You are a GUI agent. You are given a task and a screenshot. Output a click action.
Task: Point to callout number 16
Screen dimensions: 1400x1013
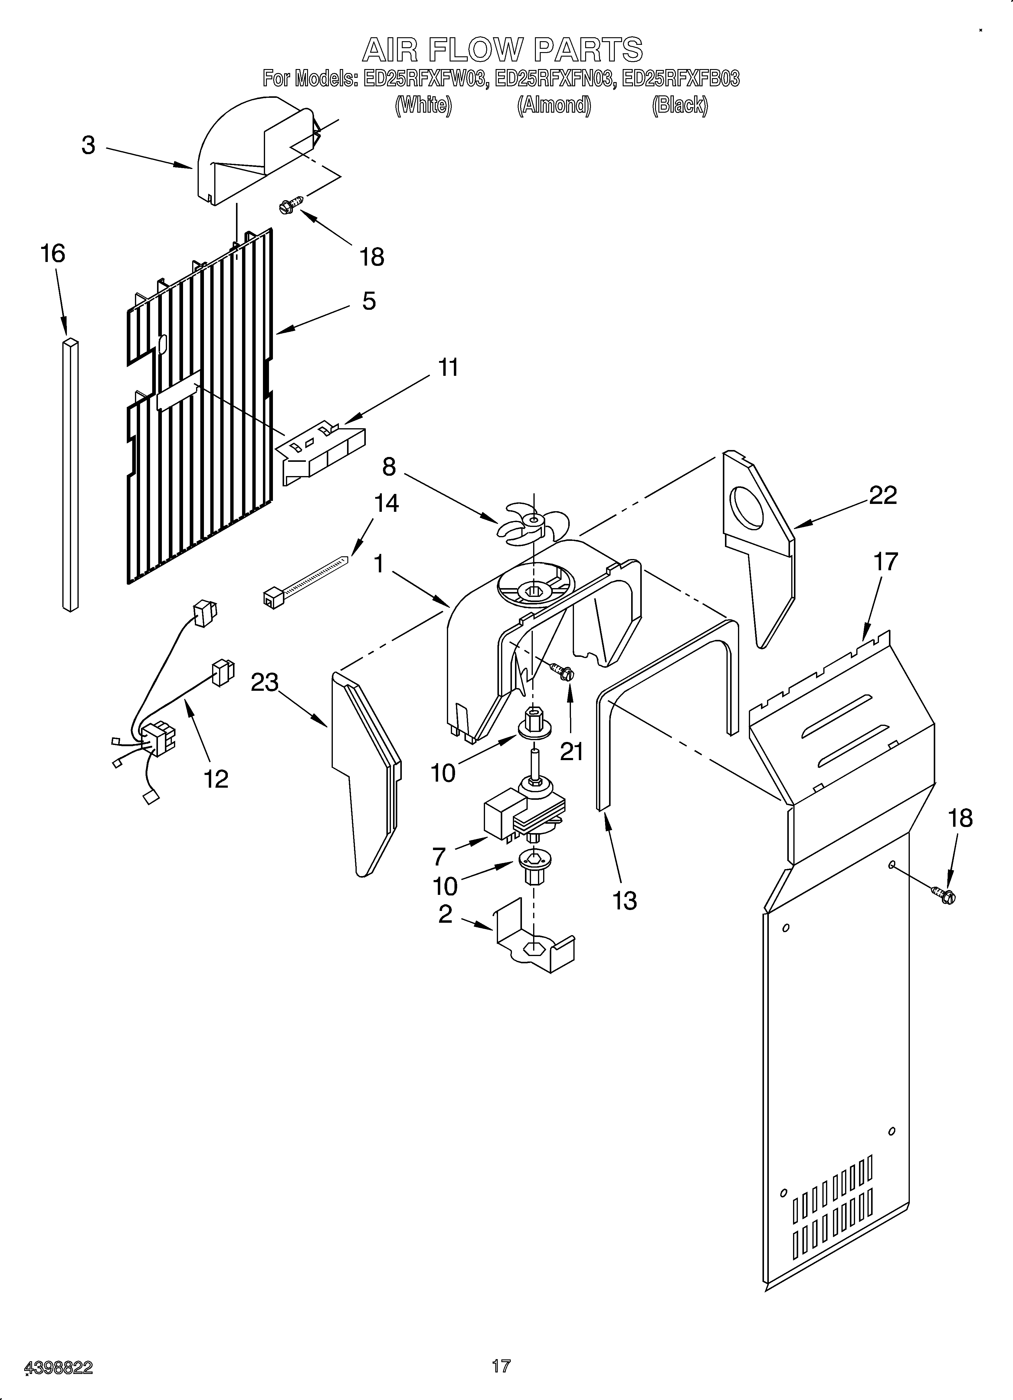[53, 254]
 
